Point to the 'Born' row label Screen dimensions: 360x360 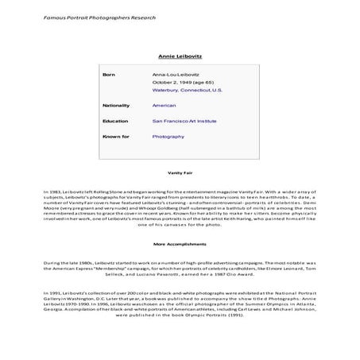pos(110,74)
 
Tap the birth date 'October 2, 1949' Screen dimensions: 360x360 pos(172,82)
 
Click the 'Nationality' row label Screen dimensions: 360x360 pos(116,105)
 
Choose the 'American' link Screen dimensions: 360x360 pos(164,105)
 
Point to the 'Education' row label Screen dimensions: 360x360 pos(115,121)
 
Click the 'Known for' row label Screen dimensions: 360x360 pos(116,137)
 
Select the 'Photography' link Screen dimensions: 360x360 pos(168,137)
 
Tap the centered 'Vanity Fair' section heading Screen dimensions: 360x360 pos(180,172)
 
